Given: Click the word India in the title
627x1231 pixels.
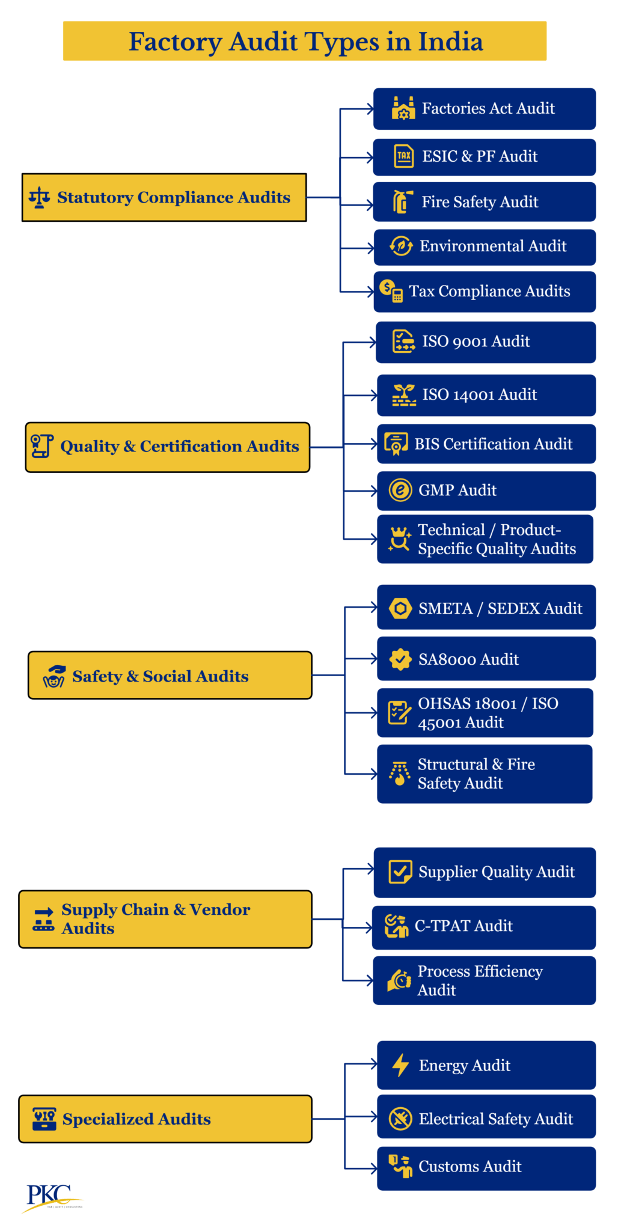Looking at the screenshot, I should click(450, 41).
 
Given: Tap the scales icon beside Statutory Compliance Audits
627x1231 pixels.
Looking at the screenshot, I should click(40, 197).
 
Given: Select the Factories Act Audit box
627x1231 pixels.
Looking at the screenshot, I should click(484, 109).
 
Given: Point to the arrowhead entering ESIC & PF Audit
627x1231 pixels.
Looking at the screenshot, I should click(370, 157).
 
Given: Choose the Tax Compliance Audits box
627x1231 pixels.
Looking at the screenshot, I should click(484, 292).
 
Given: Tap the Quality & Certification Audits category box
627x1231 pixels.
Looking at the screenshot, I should click(167, 447).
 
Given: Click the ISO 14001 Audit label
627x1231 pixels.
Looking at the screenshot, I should click(479, 395).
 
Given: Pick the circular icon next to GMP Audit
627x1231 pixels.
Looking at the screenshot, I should click(400, 490).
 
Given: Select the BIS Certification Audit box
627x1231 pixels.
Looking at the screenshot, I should click(486, 444).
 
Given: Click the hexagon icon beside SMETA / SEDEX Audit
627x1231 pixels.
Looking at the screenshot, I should click(400, 608).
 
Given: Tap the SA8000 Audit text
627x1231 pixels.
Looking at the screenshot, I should click(468, 659).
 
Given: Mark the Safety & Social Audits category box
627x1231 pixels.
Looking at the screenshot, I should click(170, 676).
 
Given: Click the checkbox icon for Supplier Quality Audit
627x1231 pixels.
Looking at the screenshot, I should click(400, 872).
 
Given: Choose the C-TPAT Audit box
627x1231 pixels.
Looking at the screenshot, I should click(484, 927).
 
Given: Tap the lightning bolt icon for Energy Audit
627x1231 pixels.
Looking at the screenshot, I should click(400, 1065).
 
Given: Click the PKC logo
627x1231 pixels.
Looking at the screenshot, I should click(50, 1196).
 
